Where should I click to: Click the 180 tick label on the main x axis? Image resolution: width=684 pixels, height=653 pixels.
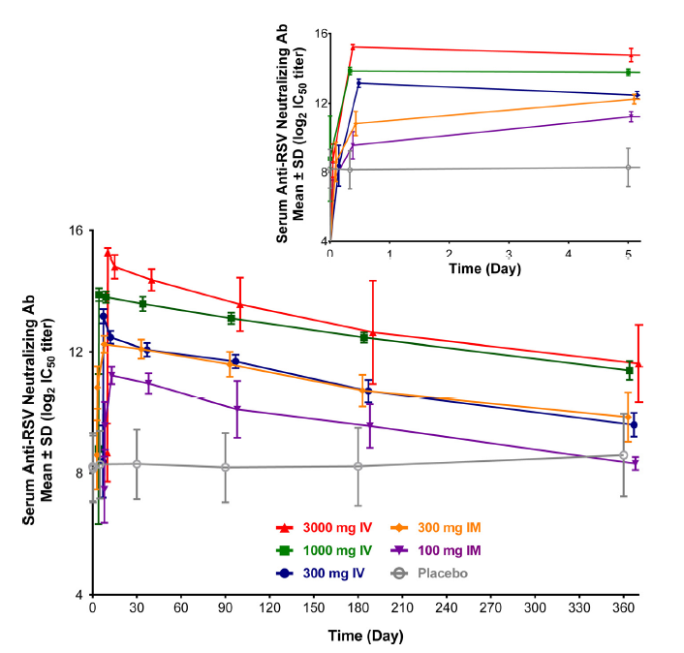[x=358, y=610]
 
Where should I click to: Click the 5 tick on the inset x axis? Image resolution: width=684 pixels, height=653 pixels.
[x=628, y=254]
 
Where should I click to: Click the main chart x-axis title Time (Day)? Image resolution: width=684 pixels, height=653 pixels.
[x=365, y=637]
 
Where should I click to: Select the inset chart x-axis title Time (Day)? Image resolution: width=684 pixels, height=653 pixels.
[x=485, y=268]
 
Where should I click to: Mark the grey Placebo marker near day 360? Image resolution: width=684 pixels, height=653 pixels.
[x=624, y=455]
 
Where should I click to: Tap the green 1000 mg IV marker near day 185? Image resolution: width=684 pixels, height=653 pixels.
[x=364, y=337]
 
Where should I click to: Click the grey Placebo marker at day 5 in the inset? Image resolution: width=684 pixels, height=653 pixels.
[x=628, y=168]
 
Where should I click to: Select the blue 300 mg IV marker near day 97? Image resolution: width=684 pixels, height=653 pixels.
[x=235, y=361]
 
